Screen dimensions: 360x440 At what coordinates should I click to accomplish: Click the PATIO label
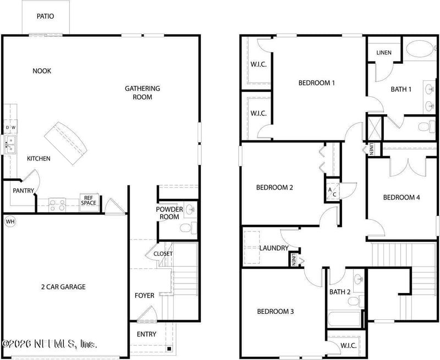click(x=46, y=16)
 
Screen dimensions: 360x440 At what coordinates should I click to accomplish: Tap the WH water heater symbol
click(x=9, y=221)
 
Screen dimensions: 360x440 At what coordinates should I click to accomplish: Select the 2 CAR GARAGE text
click(x=63, y=286)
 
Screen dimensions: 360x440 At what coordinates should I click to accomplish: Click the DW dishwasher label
click(x=10, y=128)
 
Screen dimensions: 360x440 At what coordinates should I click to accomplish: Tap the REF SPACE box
click(x=89, y=200)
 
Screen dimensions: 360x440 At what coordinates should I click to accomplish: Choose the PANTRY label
click(x=24, y=191)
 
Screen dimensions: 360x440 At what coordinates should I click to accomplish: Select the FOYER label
click(x=145, y=296)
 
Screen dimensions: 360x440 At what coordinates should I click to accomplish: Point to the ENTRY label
click(x=146, y=334)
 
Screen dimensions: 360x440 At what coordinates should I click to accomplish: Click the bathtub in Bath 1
click(x=421, y=50)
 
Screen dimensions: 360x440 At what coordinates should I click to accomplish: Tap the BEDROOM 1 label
click(x=316, y=83)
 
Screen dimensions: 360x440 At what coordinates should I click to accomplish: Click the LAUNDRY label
click(x=274, y=248)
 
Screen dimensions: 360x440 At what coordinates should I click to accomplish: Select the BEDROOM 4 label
click(x=402, y=197)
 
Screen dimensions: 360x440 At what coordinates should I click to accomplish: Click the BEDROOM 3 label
click(x=276, y=312)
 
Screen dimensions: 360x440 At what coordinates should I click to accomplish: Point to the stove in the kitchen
click(x=57, y=204)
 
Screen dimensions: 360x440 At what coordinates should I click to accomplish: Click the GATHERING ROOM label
click(x=142, y=92)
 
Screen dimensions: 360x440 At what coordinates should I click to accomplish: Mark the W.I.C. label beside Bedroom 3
click(x=344, y=345)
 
